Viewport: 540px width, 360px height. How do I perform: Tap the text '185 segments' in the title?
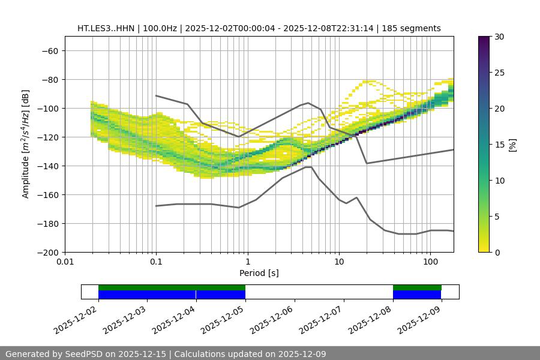click(x=415, y=28)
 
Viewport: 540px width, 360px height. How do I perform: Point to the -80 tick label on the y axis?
click(x=49, y=80)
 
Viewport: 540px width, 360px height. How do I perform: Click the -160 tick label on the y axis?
click(x=47, y=195)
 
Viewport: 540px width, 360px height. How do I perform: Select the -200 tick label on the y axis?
click(x=47, y=253)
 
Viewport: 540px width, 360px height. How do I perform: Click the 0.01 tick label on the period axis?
click(x=65, y=262)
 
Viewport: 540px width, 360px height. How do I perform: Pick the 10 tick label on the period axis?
click(x=339, y=262)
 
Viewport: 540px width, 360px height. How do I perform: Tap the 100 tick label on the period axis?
click(x=430, y=262)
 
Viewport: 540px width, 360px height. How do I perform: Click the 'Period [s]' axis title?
click(x=259, y=273)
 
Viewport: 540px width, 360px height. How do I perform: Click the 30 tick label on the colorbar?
click(x=499, y=37)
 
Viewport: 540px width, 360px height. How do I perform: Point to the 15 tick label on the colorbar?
click(x=499, y=145)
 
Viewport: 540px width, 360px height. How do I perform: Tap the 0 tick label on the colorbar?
click(x=497, y=253)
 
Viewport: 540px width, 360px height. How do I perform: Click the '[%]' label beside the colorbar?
click(x=512, y=145)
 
